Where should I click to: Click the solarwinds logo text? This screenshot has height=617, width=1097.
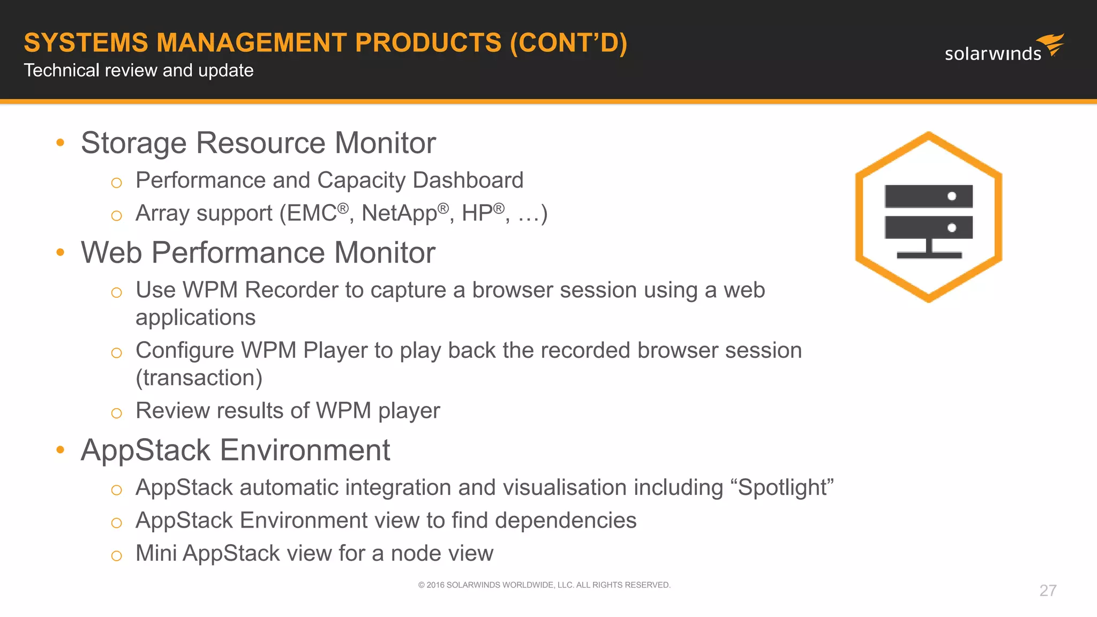click(x=993, y=54)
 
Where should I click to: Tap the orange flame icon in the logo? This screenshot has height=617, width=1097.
click(x=1051, y=44)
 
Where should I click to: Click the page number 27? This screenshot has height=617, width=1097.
click(x=1048, y=590)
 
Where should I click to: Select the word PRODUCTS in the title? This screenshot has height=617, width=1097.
click(x=428, y=43)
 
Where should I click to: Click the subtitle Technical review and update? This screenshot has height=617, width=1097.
click(x=139, y=70)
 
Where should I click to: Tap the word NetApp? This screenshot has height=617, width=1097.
click(x=399, y=213)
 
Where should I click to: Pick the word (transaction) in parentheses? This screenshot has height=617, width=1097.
click(x=199, y=378)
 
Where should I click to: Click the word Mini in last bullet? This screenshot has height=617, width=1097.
click(x=156, y=553)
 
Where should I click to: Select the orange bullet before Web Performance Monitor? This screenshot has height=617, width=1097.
click(x=61, y=252)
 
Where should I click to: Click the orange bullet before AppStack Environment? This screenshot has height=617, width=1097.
click(x=61, y=450)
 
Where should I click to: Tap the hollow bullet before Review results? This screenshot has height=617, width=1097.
click(x=116, y=413)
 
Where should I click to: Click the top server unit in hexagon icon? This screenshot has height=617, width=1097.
click(x=928, y=196)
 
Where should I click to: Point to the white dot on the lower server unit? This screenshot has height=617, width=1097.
click(x=952, y=228)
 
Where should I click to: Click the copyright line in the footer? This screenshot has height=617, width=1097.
click(x=544, y=585)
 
